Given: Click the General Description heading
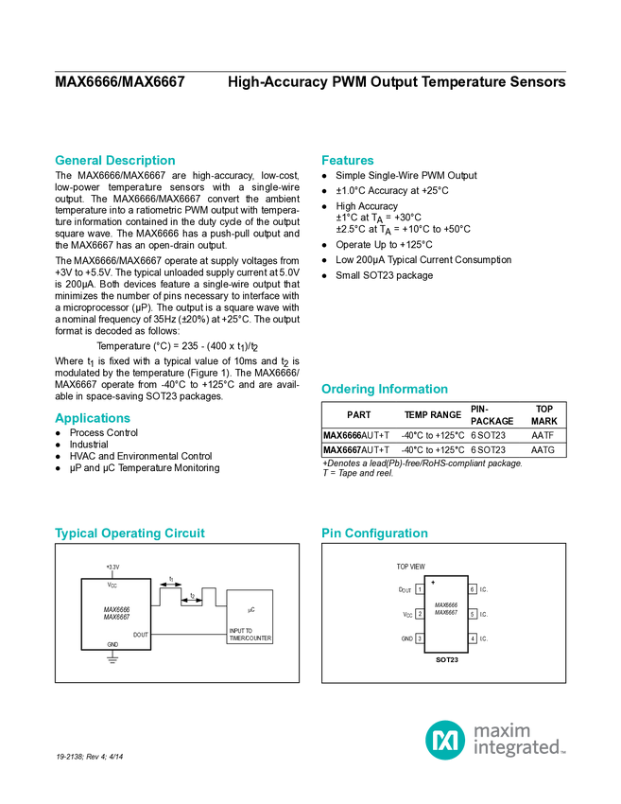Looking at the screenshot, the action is point(114,161).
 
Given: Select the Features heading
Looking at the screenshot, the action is point(348,161).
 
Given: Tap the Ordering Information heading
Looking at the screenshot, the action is point(384,389).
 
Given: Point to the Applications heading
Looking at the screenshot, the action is point(92,418).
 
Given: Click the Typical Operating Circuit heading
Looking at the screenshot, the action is point(129,533).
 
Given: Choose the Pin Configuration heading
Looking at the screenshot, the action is point(374,533).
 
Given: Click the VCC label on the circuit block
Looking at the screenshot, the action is point(112,586).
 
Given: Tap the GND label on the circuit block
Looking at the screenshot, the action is point(112,644).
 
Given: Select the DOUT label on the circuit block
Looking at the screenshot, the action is point(140,634).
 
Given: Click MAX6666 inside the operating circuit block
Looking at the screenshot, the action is point(116,609).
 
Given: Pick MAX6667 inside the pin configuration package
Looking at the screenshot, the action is point(446,613).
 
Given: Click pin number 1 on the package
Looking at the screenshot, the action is point(419,589).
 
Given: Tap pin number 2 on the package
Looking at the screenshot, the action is point(419,614).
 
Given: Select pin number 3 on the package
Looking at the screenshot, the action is point(419,638).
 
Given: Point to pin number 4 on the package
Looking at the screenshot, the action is point(473,638).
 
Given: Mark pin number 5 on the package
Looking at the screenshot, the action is point(473,614).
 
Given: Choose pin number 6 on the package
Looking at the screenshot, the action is point(473,589).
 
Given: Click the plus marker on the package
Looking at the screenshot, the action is point(433,582).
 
